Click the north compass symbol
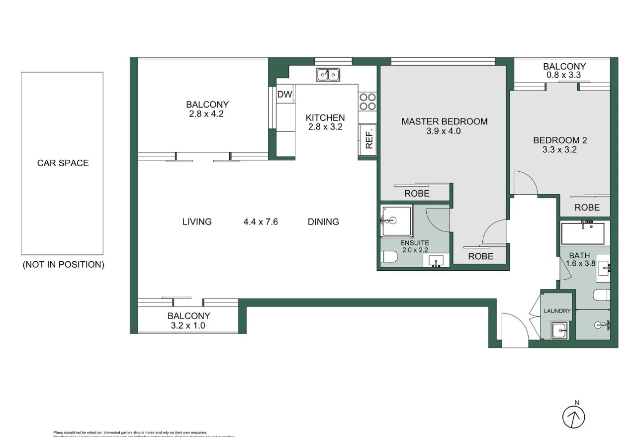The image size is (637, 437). (x=573, y=417)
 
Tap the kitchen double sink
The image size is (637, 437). (x=328, y=75)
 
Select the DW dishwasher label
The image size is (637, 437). (x=284, y=95)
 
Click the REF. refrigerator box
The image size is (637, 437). (x=368, y=139)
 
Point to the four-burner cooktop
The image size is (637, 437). (x=367, y=102)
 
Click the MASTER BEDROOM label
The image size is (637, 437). (x=444, y=121)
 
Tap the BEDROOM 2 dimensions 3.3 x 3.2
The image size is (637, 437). (x=560, y=149)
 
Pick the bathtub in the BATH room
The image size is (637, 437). (x=582, y=233)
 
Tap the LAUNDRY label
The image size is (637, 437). (x=557, y=311)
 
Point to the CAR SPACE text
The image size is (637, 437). (x=63, y=163)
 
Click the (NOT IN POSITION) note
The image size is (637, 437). (x=63, y=265)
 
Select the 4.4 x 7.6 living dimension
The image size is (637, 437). (x=260, y=222)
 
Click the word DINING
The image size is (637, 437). (x=323, y=222)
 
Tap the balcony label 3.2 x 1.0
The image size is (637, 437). (x=188, y=326)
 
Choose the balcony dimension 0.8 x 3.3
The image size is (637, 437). (x=564, y=76)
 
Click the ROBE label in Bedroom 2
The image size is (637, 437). (x=587, y=208)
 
